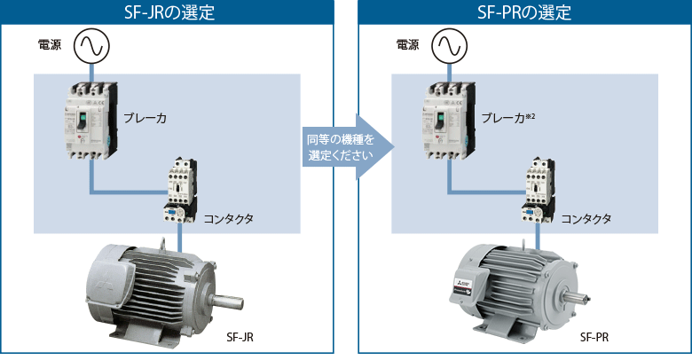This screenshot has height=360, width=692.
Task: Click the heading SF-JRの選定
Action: pos(168,12)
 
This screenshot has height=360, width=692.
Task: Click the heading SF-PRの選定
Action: pos(525,12)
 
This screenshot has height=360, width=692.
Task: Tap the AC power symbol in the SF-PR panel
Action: pos(447,47)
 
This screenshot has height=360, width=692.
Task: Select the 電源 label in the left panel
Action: pos(50,45)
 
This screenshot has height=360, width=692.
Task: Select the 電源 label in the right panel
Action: pos(408,45)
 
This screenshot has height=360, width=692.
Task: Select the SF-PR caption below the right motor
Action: pos(594,338)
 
